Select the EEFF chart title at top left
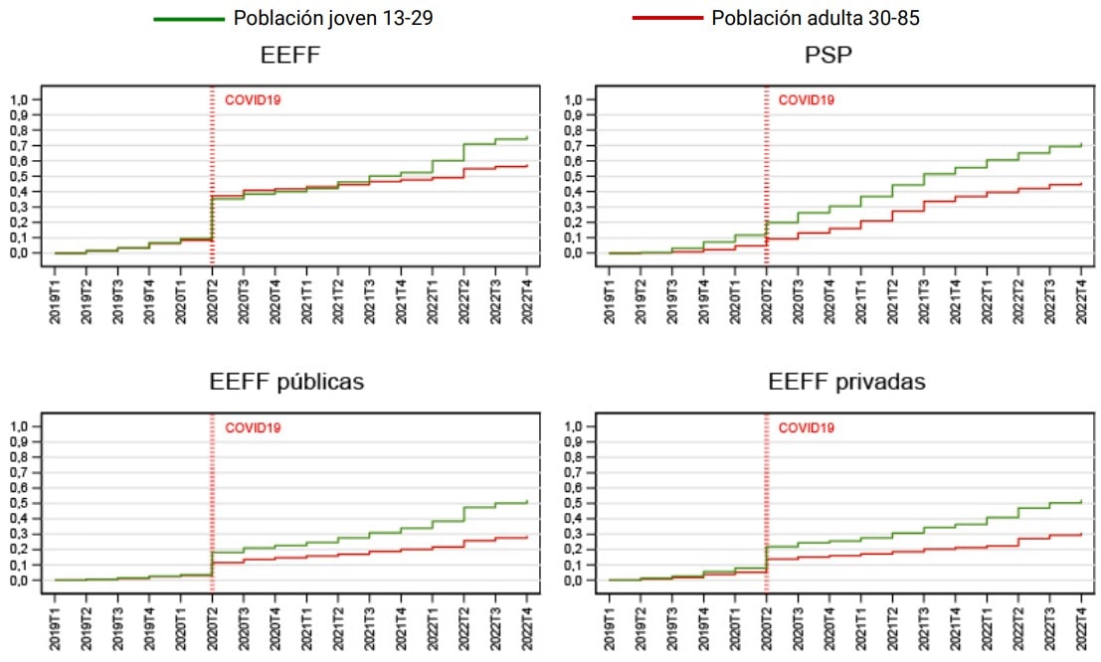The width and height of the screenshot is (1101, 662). (289, 56)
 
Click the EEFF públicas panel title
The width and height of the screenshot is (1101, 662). (286, 382)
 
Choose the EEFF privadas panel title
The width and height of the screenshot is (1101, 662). (846, 382)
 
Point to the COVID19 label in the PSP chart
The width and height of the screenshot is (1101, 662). (806, 100)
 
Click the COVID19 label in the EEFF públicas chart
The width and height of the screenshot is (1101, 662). (253, 428)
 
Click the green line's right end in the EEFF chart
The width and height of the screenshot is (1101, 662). (526, 138)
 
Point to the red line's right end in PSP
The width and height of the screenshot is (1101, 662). (1080, 183)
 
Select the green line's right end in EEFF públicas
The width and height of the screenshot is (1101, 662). (526, 502)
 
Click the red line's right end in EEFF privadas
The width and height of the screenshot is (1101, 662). (1080, 535)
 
